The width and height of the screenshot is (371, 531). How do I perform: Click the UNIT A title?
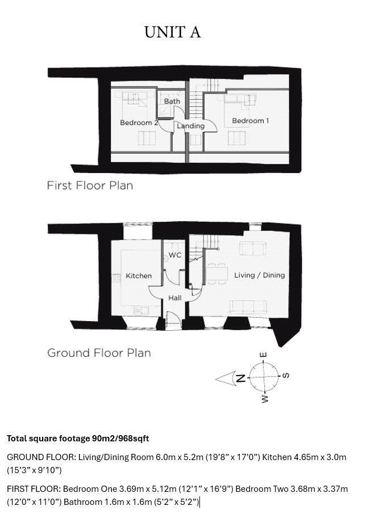pos(172,32)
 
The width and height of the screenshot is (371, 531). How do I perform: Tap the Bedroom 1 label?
pos(250,121)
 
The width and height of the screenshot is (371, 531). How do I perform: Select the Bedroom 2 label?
pos(139,123)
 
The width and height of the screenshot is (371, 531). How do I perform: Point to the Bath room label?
pos(172,102)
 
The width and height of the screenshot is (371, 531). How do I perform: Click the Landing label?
pos(190,126)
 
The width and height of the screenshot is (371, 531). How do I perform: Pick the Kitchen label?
pos(139,276)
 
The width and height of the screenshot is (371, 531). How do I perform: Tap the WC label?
pos(175,255)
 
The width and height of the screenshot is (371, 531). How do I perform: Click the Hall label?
pos(175,298)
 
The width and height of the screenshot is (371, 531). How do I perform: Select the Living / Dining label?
pos(259,275)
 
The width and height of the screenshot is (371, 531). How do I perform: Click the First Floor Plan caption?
pos(90,186)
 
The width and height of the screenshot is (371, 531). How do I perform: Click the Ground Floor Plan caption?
pos(99,353)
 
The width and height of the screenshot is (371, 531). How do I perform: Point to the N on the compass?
pos(240,378)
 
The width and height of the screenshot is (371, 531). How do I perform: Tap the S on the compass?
pos(286,376)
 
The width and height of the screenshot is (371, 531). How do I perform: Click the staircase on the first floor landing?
pos(196,105)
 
